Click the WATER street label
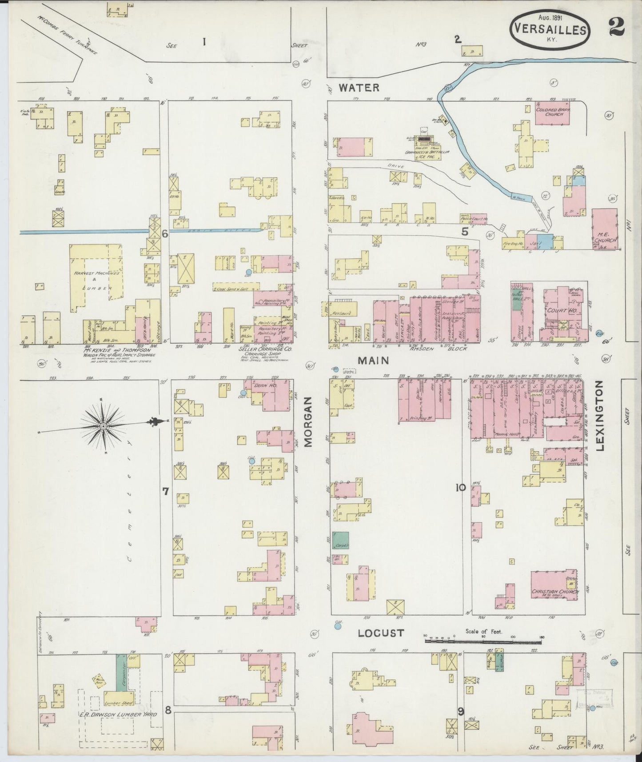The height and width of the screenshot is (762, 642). (x=359, y=88)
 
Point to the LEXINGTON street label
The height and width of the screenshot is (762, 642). (x=600, y=416)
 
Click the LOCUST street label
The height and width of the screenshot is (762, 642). (x=382, y=633)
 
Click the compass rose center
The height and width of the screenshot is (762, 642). (x=103, y=426)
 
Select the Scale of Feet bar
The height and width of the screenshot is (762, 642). (x=484, y=641)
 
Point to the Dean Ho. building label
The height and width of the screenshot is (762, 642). (x=265, y=386)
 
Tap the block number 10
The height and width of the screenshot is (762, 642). (x=460, y=488)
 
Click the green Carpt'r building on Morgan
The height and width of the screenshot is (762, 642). (x=341, y=540)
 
